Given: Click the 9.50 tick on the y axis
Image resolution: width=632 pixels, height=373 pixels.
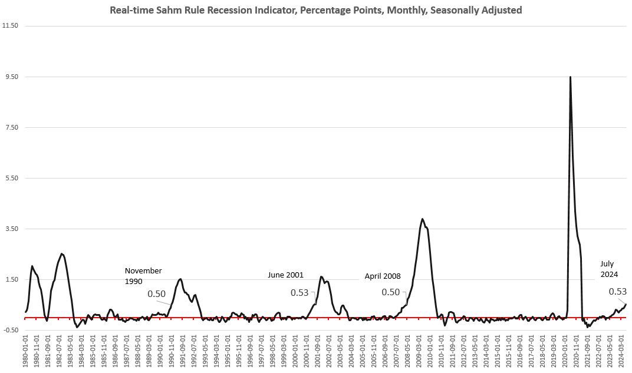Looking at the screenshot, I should [11, 77].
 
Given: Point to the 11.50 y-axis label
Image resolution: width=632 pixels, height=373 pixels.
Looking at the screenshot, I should [11, 26].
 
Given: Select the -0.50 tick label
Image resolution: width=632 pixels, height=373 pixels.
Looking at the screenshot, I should [11, 330].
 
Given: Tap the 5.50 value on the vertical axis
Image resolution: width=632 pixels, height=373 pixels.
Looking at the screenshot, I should [11, 178].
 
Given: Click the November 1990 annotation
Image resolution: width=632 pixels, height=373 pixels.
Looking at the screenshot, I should [143, 276].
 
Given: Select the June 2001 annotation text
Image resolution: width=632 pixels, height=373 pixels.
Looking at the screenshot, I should [285, 275].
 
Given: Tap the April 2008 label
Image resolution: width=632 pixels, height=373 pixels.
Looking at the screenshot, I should [382, 276].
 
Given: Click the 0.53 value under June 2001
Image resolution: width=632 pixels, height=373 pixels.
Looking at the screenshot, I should [299, 292].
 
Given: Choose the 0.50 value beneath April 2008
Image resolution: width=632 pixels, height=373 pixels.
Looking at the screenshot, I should [391, 292].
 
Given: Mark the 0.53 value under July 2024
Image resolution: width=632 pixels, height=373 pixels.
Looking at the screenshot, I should [617, 291].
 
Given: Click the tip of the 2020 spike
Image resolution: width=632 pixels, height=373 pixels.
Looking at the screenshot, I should [570, 77].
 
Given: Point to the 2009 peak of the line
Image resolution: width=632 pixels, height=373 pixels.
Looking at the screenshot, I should [422, 219].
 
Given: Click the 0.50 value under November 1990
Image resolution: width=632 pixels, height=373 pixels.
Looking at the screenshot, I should [156, 293].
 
